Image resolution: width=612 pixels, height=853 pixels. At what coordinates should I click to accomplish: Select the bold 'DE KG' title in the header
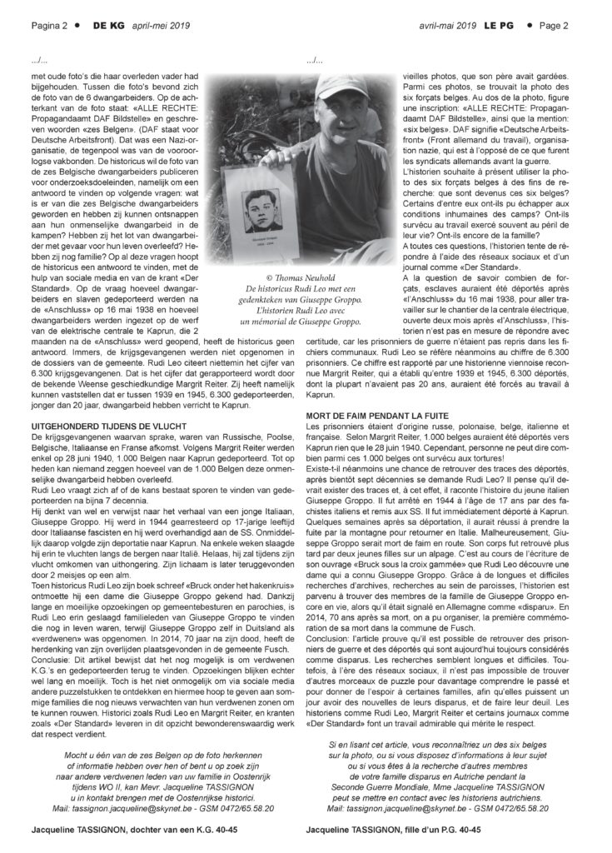[x=108, y=26]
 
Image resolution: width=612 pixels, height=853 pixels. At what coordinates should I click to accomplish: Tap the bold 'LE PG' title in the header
[x=497, y=26]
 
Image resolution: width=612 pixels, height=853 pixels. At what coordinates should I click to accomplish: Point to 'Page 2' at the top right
[x=554, y=26]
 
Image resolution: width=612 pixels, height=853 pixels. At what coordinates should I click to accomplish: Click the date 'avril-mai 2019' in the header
[x=447, y=26]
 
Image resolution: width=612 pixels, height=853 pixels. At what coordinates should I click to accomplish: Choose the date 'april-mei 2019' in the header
[x=161, y=26]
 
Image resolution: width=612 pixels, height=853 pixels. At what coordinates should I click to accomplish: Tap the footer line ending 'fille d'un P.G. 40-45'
[x=393, y=830]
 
